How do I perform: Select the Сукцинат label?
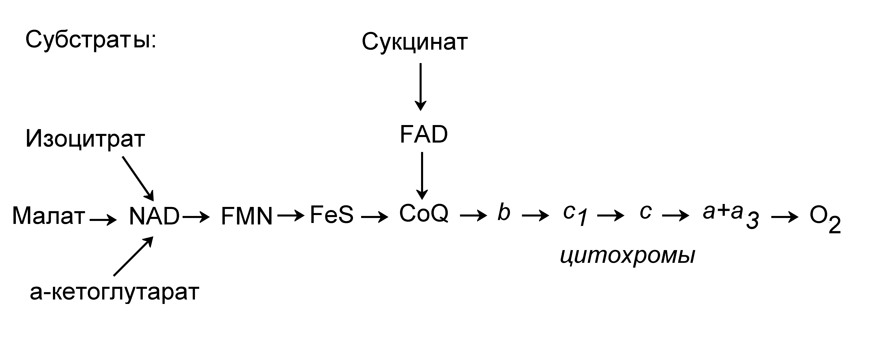click(x=415, y=42)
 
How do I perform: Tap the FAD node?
click(x=423, y=135)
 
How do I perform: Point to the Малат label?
click(x=48, y=216)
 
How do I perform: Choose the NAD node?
click(x=154, y=216)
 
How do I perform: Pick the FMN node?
click(x=246, y=216)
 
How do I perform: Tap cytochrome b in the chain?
click(x=504, y=212)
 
